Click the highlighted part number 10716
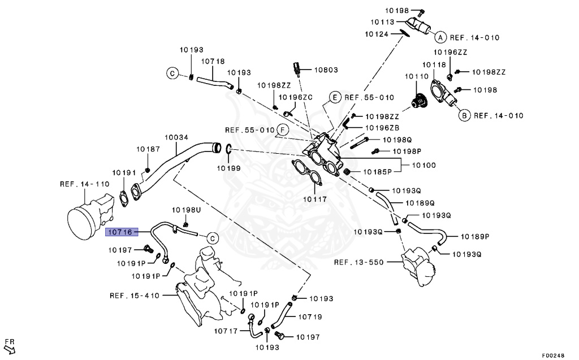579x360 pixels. coord(119,232)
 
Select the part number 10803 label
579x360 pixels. coord(326,70)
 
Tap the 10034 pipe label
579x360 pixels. coord(176,137)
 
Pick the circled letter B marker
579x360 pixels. coord(463,116)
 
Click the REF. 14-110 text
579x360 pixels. coord(84,184)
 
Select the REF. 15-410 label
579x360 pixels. coord(134,295)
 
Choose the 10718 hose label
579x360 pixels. coord(213,61)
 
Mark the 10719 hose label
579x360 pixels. coord(310,318)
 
